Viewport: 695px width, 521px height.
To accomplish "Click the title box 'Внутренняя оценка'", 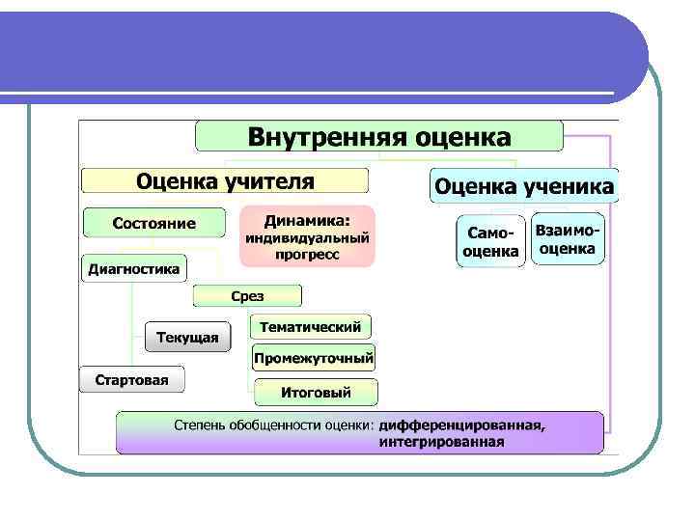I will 379,136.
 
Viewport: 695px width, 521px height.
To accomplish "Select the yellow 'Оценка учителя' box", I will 225,180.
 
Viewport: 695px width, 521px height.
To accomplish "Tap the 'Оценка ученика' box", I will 523,185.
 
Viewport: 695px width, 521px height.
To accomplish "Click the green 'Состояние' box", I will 154,223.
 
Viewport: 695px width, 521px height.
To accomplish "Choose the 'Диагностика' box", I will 134,269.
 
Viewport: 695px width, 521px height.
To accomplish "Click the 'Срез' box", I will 247,296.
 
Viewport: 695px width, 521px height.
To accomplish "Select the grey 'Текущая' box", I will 188,337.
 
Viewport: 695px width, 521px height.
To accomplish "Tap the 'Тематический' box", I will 310,327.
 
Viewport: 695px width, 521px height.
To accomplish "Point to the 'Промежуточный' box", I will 314,359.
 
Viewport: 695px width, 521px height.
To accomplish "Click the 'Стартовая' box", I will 131,379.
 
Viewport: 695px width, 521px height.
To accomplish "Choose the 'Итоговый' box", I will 316,393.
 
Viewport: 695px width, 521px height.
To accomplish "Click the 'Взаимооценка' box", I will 569,238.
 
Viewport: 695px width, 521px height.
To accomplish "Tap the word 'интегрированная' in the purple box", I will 441,442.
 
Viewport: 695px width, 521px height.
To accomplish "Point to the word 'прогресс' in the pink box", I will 307,255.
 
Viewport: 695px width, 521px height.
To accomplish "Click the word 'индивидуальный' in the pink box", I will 307,237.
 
